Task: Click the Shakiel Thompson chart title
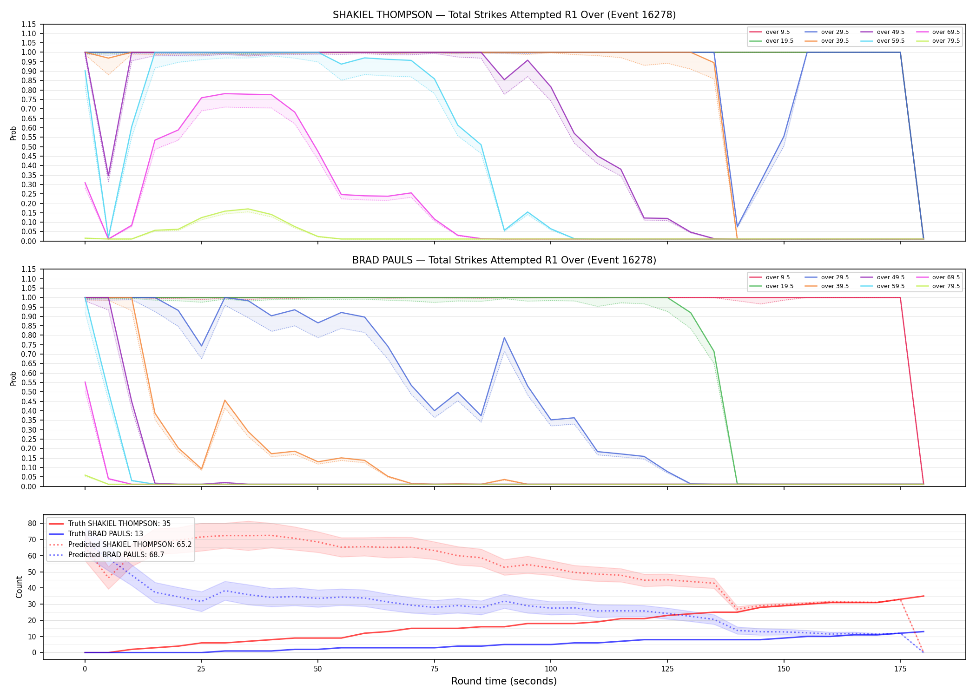pyautogui.click(x=504, y=15)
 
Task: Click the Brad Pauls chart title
pyautogui.click(x=504, y=260)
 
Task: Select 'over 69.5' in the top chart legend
pyautogui.click(x=946, y=32)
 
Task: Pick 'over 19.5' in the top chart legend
pyautogui.click(x=779, y=41)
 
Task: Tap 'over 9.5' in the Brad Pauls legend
pyautogui.click(x=778, y=277)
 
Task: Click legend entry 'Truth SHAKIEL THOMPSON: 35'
pyautogui.click(x=119, y=524)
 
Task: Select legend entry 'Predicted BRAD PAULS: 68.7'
pyautogui.click(x=116, y=555)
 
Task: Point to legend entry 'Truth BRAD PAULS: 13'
pyautogui.click(x=106, y=534)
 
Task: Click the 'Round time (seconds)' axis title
pyautogui.click(x=504, y=681)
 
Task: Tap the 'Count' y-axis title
pyautogui.click(x=19, y=587)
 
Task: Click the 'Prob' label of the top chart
pyautogui.click(x=13, y=133)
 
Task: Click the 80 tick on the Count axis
pyautogui.click(x=32, y=523)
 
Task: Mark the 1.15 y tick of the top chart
pyautogui.click(x=29, y=24)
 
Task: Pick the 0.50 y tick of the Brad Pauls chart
pyautogui.click(x=29, y=392)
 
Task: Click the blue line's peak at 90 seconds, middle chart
pyautogui.click(x=504, y=338)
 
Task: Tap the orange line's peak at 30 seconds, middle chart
pyautogui.click(x=225, y=400)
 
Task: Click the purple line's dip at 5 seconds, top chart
pyautogui.click(x=108, y=175)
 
